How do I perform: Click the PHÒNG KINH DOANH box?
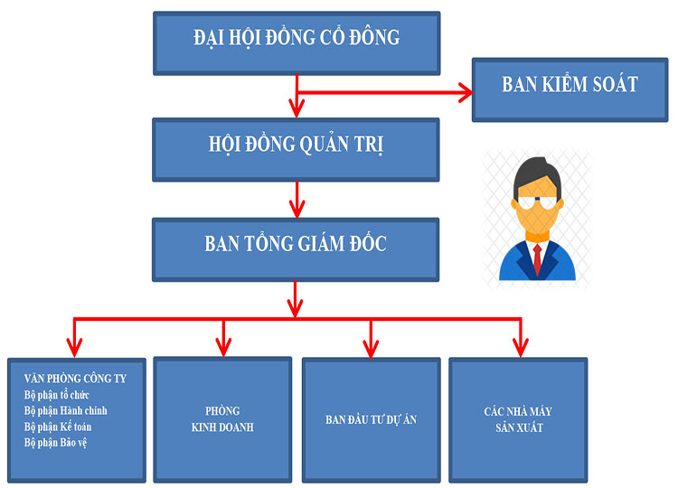[x=222, y=419]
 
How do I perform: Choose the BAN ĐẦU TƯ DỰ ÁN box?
[x=371, y=420]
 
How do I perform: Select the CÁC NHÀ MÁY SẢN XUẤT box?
[x=518, y=419]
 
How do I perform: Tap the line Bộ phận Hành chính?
[x=66, y=410]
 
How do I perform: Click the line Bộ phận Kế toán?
[x=59, y=426]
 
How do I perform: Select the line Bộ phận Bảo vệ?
[x=56, y=442]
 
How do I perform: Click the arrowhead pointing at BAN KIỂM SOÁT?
[x=466, y=91]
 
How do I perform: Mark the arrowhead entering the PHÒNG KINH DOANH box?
[x=222, y=347]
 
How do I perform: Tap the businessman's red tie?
[x=537, y=258]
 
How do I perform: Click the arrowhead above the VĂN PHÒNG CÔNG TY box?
[x=75, y=347]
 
